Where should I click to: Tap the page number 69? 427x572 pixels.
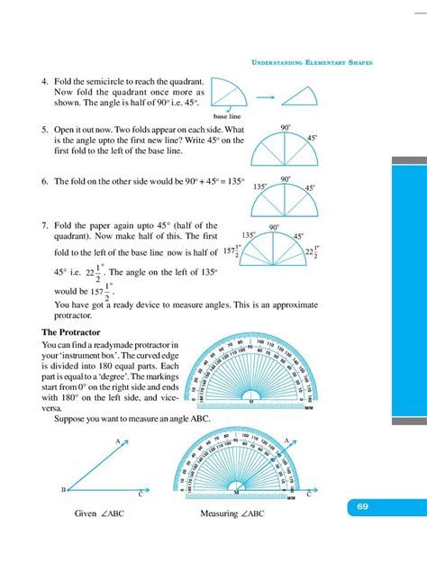tap(361, 508)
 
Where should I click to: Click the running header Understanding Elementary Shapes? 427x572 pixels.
tap(310, 62)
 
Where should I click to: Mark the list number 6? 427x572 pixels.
tap(44, 181)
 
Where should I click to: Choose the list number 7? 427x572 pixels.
tap(44, 225)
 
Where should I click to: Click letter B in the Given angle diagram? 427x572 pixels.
tap(61, 489)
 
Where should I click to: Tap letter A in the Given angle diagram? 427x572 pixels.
tap(117, 440)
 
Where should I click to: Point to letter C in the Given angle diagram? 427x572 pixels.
tap(140, 495)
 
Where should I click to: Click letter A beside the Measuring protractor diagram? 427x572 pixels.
tap(286, 440)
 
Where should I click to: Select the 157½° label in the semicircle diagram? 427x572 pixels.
tap(232, 253)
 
